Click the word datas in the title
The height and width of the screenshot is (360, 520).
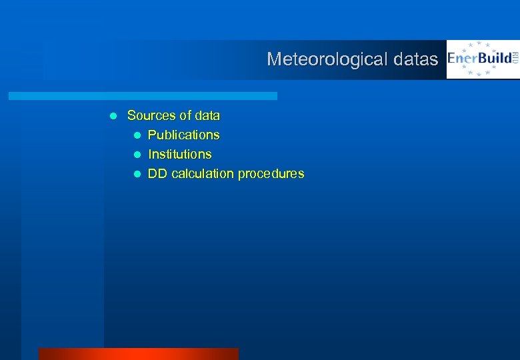coord(415,59)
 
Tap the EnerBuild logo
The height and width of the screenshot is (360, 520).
coord(482,59)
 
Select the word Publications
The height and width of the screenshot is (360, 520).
coord(183,135)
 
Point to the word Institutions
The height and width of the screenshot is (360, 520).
coord(179,154)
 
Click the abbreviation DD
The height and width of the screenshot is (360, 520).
coord(157,173)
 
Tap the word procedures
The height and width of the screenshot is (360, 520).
coord(271,173)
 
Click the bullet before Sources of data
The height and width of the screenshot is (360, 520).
coord(113,116)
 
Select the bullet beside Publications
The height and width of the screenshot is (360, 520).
coord(137,135)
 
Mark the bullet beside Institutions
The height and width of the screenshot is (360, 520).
coord(137,155)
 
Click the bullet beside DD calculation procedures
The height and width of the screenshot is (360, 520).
coord(137,174)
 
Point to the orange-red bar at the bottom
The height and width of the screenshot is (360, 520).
coord(138,353)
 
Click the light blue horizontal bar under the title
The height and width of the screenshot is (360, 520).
coord(143,96)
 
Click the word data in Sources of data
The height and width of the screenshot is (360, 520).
coord(206,115)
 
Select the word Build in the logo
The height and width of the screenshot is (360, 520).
coord(494,59)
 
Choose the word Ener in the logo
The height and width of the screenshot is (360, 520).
coord(461,59)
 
